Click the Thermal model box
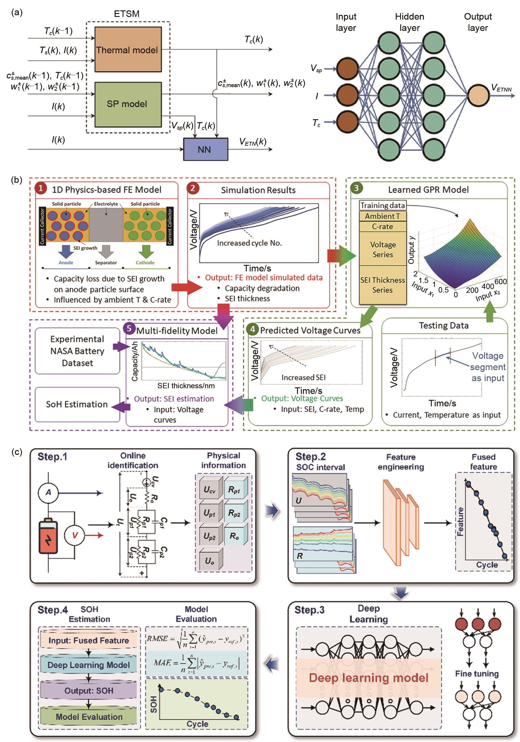pos(128,49)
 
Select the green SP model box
pos(128,104)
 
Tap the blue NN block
pos(205,149)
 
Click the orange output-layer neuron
pos(478,95)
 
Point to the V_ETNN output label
pos(501,88)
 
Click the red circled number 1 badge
pos(41,188)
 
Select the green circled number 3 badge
pos(356,188)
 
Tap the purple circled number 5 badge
pos(129,329)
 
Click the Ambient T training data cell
pos(382,216)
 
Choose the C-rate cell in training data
pos(382,227)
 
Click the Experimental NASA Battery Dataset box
pos(77,351)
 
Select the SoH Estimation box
pos(77,404)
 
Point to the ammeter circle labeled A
pos(48,492)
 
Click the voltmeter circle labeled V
pos(75,535)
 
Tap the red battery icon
pos(48,536)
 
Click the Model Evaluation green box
pos(89,716)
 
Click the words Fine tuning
pos(477,674)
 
